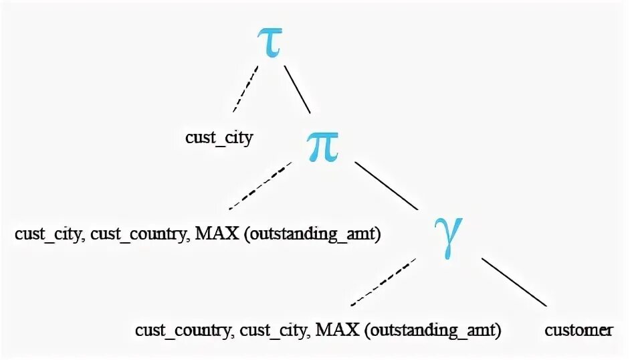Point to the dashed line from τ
[245, 88]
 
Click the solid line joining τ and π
[298, 88]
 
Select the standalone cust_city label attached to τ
[219, 139]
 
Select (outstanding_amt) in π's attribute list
[310, 236]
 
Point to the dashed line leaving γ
[383, 282]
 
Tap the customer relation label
[579, 330]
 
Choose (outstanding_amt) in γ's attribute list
[431, 331]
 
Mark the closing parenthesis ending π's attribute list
[377, 236]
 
